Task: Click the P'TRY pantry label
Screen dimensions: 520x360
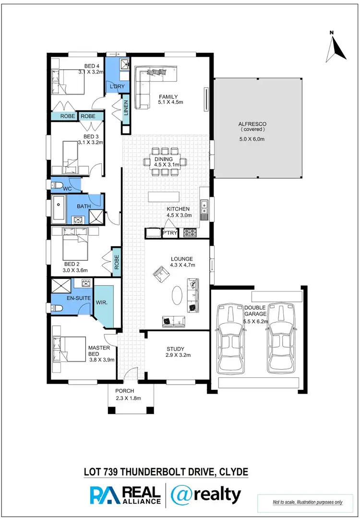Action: [170, 233]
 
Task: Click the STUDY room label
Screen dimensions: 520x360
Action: [176, 349]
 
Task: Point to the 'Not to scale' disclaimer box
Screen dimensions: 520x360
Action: [308, 502]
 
